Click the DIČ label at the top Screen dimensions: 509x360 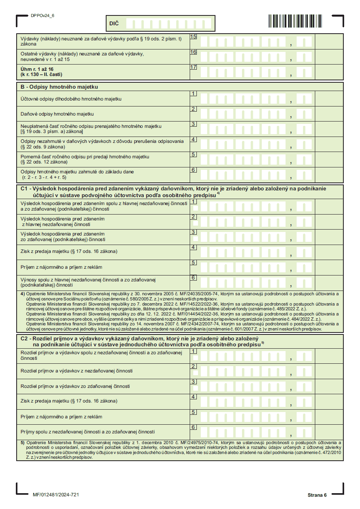114,24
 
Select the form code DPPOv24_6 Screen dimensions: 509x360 42,16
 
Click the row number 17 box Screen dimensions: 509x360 193,67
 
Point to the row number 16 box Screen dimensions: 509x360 193,52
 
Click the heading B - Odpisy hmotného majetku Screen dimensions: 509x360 59,87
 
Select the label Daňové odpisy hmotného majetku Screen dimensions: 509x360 57,114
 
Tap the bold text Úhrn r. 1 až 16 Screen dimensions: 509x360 37,69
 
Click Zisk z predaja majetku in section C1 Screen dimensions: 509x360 69,251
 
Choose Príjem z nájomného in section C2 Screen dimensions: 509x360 61,417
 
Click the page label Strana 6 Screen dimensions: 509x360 317,495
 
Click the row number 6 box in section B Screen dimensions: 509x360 193,170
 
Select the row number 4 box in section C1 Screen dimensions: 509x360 193,247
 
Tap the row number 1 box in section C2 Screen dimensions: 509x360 193,351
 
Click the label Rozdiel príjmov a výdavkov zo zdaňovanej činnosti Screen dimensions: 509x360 75,386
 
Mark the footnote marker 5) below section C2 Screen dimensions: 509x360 23,442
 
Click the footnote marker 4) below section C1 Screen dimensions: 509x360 23,294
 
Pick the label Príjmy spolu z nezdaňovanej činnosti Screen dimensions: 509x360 88,432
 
